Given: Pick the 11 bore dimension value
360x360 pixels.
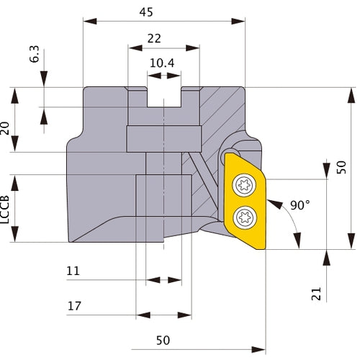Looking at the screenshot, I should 73,271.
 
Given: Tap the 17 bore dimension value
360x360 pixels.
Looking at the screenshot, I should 73,306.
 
